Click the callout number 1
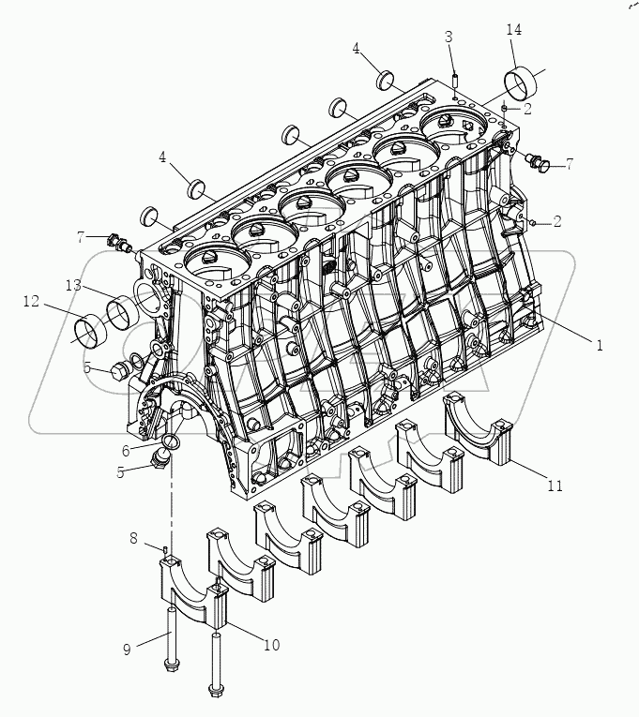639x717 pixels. pyautogui.click(x=598, y=345)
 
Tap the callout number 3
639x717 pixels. pyautogui.click(x=449, y=37)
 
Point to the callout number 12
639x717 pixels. pyautogui.click(x=31, y=301)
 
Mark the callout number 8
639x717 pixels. pyautogui.click(x=134, y=538)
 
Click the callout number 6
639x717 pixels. pyautogui.click(x=126, y=451)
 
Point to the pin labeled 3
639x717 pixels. pyautogui.click(x=454, y=80)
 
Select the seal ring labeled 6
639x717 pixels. pyautogui.click(x=173, y=441)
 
